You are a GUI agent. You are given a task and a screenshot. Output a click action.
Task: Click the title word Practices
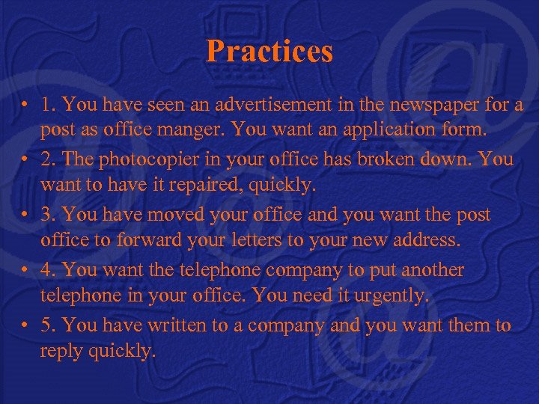(x=269, y=52)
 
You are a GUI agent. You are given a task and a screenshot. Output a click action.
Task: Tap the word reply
(x=63, y=351)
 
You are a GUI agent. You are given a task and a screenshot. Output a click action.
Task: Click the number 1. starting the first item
(x=49, y=105)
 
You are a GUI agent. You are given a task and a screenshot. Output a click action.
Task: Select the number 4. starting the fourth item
(x=49, y=269)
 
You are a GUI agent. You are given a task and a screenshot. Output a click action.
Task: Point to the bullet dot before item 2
(x=26, y=160)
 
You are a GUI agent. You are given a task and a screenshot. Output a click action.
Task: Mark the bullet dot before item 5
(x=26, y=325)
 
